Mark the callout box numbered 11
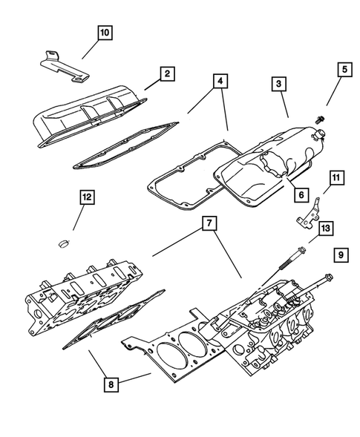click(336, 178)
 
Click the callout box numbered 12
click(88, 197)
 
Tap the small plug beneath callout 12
click(63, 242)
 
